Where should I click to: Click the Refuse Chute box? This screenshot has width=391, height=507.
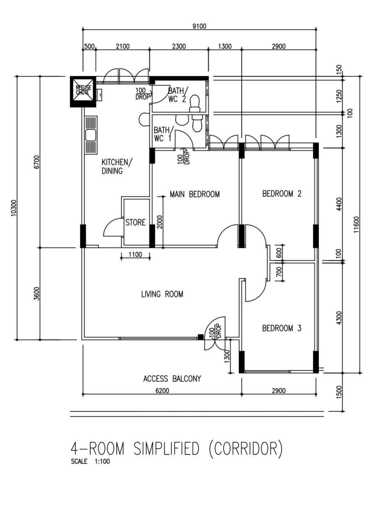(83, 91)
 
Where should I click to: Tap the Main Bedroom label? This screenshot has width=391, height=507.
(194, 194)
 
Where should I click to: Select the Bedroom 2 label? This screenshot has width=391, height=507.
(282, 194)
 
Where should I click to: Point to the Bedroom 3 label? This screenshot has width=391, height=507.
(282, 328)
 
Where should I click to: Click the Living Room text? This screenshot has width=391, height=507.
(162, 294)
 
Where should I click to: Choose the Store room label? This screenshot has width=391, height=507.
(135, 223)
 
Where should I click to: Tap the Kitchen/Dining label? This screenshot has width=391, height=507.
(117, 166)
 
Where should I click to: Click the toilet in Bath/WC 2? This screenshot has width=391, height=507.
(195, 103)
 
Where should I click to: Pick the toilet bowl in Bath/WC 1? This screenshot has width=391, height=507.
(197, 124)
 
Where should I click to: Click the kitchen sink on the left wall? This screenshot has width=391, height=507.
(91, 135)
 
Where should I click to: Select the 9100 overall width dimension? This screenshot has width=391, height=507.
(199, 26)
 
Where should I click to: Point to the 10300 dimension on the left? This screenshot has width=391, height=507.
(14, 208)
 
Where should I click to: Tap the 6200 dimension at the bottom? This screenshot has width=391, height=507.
(162, 390)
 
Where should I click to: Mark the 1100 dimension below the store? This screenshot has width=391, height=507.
(135, 255)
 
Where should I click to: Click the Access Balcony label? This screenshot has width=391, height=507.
(172, 379)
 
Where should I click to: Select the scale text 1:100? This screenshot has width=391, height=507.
(102, 461)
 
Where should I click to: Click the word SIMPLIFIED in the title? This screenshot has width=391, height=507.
(166, 449)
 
